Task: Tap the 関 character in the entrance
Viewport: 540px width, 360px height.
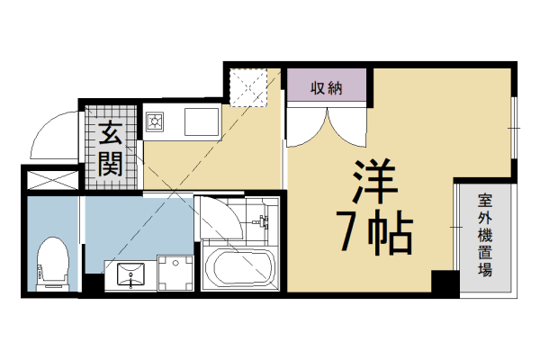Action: point(112,164)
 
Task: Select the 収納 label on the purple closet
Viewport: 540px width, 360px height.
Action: point(327,87)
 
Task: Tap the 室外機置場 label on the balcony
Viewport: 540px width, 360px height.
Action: point(485,236)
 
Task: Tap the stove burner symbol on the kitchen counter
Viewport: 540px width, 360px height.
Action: point(154,120)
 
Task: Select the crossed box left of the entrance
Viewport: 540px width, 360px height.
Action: point(50,178)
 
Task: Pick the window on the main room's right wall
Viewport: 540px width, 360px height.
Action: point(515,130)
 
